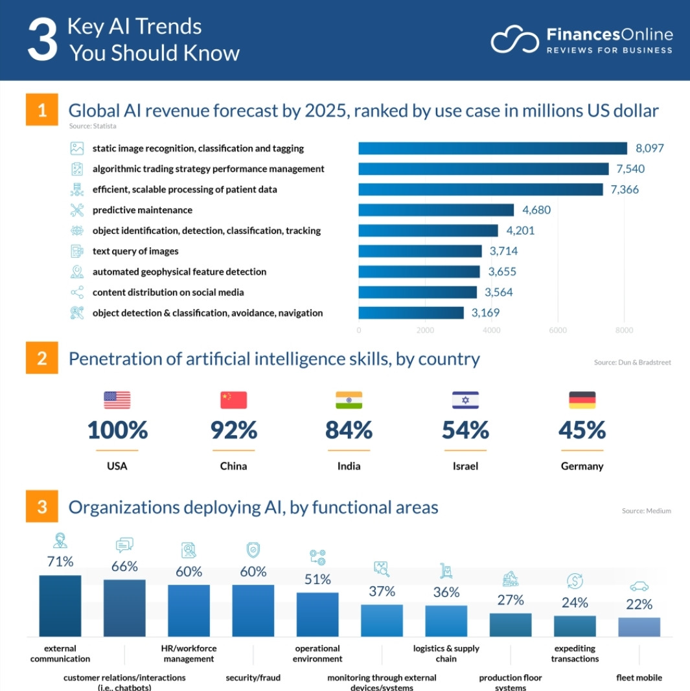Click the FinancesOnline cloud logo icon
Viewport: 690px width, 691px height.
click(514, 40)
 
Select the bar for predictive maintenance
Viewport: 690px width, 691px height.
click(435, 210)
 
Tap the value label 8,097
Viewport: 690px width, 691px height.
click(650, 148)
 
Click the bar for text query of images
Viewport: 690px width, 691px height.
click(420, 251)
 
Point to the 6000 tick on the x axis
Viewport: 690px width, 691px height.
click(557, 330)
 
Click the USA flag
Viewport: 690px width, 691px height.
click(117, 400)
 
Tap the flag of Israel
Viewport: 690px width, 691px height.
click(465, 400)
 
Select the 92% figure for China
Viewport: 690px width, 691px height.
click(233, 430)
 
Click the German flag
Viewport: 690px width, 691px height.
click(582, 400)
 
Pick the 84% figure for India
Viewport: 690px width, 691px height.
click(349, 430)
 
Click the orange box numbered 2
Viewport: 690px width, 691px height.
click(42, 358)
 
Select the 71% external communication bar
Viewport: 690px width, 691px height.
click(60, 606)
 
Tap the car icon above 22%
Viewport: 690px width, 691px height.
click(639, 587)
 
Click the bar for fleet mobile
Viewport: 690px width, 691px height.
click(639, 627)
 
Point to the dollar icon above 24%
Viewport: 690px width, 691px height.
click(575, 580)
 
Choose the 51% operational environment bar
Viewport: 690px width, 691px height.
click(317, 614)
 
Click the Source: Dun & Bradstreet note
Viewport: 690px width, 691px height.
click(632, 363)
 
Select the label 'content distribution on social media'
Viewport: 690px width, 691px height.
click(168, 292)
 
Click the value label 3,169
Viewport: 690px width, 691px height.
click(485, 313)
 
